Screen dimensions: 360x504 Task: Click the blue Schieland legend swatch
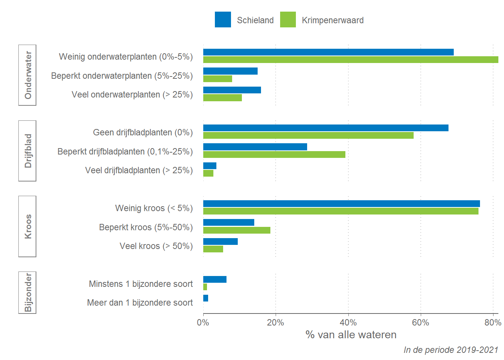click(223, 19)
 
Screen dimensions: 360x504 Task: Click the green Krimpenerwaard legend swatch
click(288, 19)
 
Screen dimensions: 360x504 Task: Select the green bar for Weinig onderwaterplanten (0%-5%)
click(351, 60)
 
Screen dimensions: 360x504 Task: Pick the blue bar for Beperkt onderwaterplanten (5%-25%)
click(230, 71)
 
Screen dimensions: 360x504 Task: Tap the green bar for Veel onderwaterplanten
click(222, 98)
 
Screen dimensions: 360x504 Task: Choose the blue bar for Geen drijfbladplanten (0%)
click(325, 128)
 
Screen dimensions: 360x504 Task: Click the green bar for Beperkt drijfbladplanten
click(274, 154)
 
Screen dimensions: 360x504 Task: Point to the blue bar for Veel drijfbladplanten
click(210, 166)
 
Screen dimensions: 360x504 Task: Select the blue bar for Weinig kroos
click(341, 204)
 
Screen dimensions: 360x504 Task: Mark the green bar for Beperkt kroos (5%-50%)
click(237, 230)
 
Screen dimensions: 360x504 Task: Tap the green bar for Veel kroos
click(213, 249)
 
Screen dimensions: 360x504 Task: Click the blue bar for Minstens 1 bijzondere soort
click(214, 279)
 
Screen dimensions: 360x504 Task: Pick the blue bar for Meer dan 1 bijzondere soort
click(205, 298)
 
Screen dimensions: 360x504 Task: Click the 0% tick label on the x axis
click(203, 322)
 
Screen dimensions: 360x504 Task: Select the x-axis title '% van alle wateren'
click(351, 334)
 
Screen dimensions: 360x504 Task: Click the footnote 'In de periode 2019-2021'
click(450, 350)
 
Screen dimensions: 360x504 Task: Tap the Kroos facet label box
click(27, 226)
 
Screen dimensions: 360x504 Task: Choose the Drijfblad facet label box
click(27, 151)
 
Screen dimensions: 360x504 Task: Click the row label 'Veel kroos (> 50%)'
click(156, 246)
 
